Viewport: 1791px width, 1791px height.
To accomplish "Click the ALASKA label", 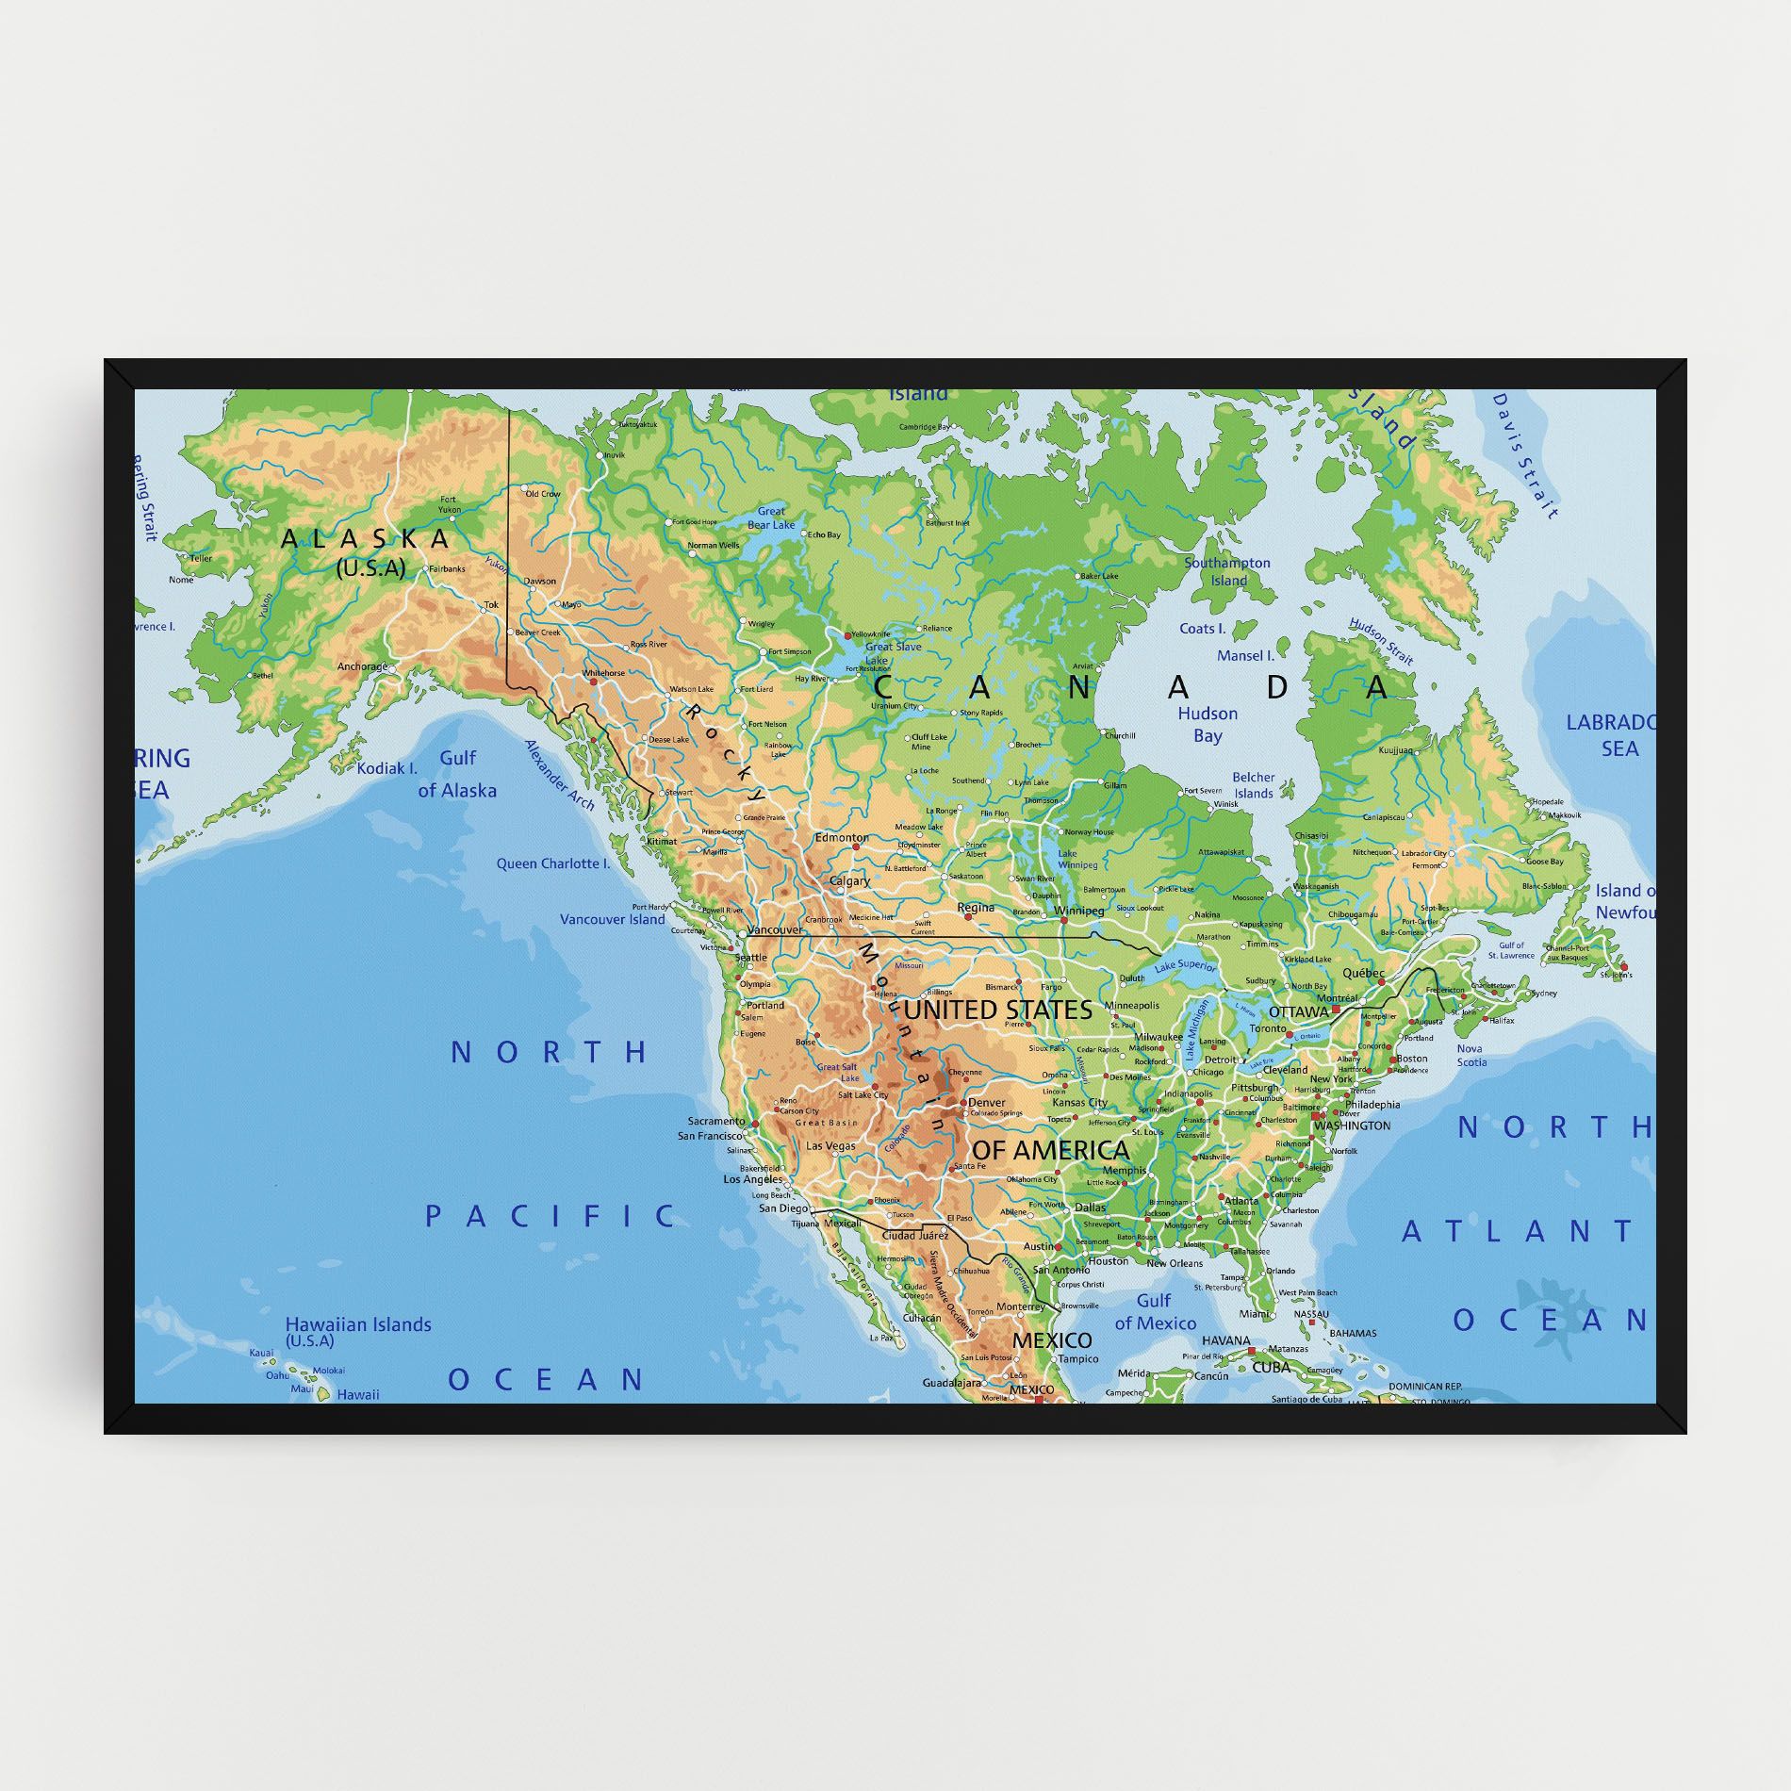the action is click(x=366, y=539).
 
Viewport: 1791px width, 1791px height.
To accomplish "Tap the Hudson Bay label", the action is click(x=1207, y=724).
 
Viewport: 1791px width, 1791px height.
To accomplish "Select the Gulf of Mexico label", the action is click(x=1155, y=1311).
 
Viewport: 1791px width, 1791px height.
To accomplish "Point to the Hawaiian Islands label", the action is click(x=358, y=1325).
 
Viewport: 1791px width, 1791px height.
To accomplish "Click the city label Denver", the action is click(x=986, y=1102).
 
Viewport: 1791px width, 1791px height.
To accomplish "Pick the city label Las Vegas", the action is click(x=830, y=1146).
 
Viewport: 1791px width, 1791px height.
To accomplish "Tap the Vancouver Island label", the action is click(x=612, y=919).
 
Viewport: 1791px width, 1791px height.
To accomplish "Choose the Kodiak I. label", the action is click(x=386, y=768).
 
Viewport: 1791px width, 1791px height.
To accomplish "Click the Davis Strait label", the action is click(x=1524, y=456).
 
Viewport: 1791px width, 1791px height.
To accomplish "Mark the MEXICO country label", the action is click(x=1052, y=1339).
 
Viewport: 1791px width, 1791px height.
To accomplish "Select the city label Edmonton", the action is click(x=841, y=837).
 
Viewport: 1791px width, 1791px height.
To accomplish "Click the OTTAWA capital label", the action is click(x=1298, y=1011).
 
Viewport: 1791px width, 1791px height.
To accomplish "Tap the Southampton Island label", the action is click(x=1227, y=571).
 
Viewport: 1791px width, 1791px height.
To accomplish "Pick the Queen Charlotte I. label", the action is click(x=553, y=863).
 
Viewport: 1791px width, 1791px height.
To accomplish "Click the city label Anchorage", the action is click(x=362, y=666).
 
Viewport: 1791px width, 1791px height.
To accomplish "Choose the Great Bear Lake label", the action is click(x=771, y=518).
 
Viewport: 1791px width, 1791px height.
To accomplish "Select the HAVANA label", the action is click(x=1225, y=1340).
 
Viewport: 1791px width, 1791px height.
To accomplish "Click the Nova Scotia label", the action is click(x=1471, y=1055).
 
